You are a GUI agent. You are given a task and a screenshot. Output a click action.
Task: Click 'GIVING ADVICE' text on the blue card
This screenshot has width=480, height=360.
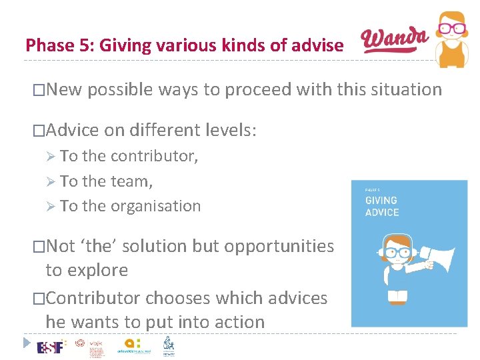pyautogui.click(x=382, y=206)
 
